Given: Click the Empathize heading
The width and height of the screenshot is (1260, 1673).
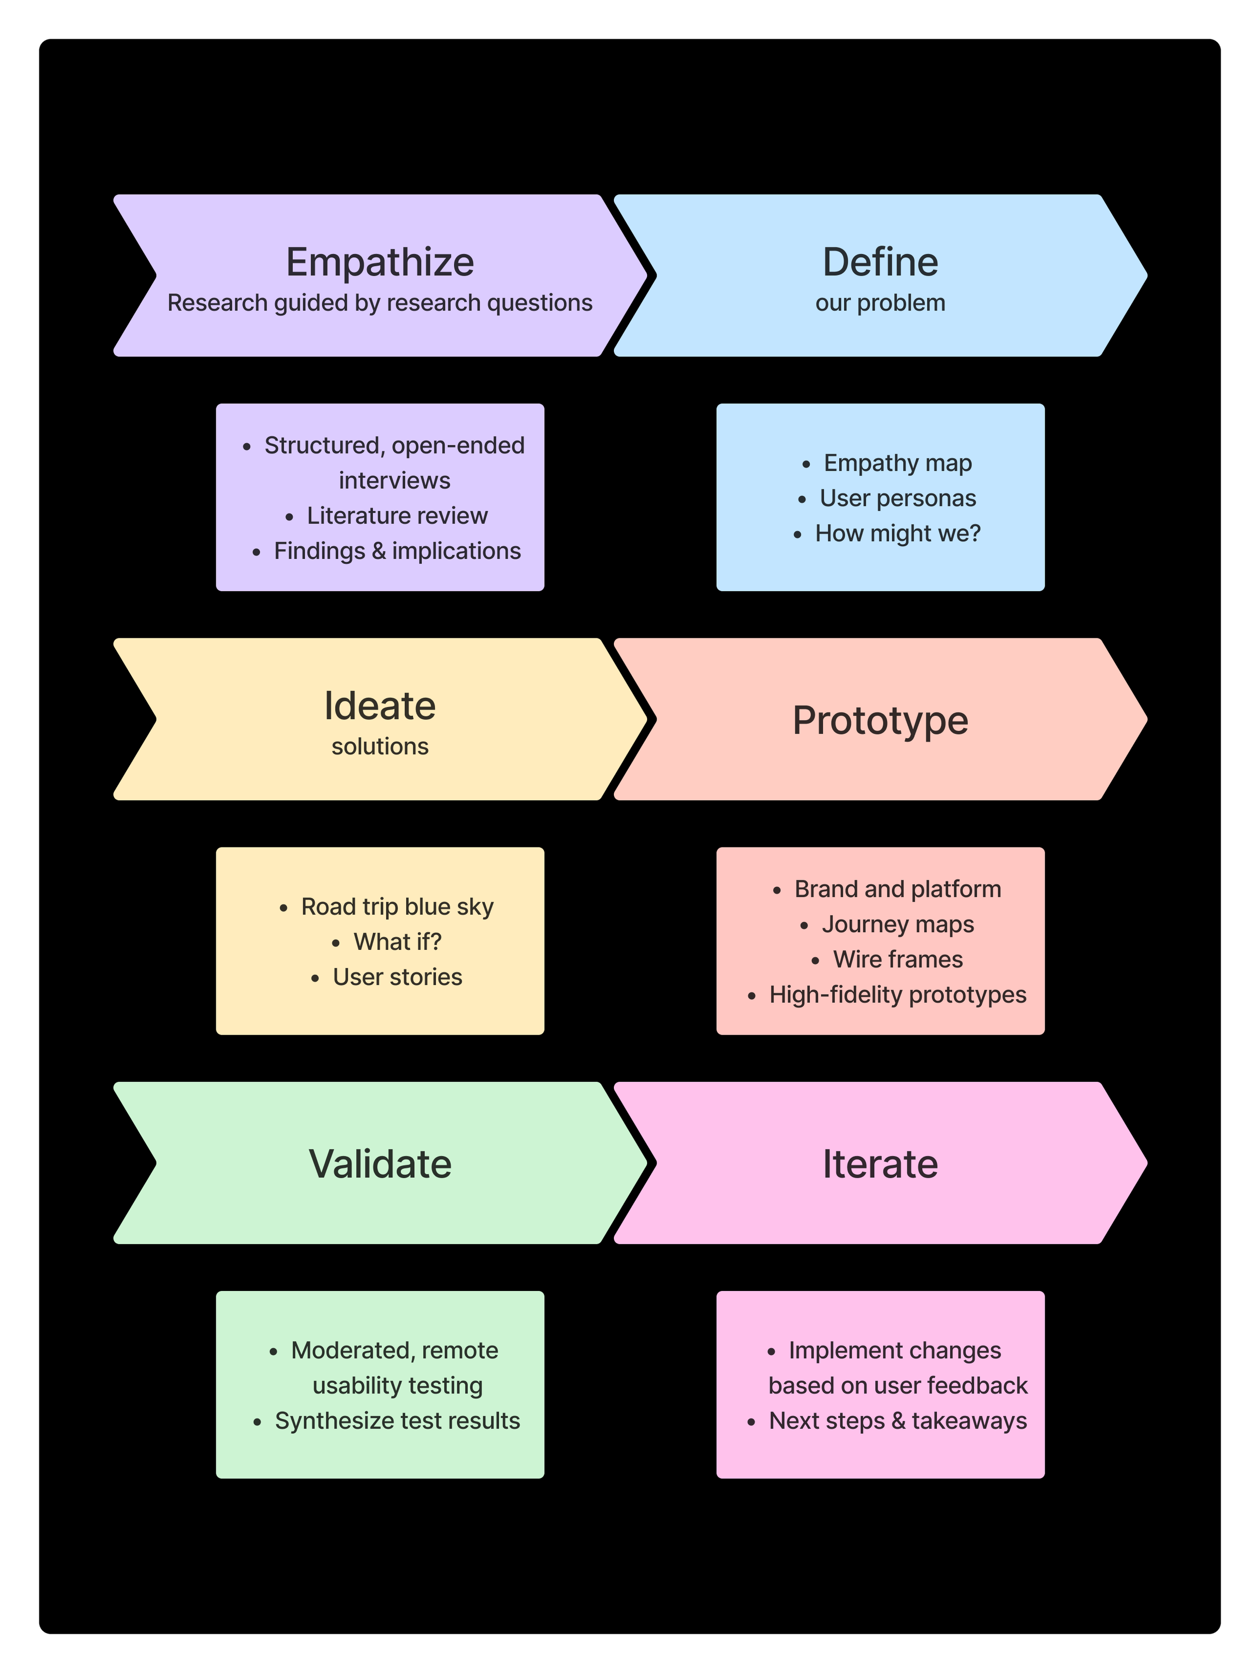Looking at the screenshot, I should [x=380, y=263].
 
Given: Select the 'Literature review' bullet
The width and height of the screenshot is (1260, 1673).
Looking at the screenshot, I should [x=397, y=516].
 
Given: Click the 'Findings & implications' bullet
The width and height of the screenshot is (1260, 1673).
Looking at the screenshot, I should [x=397, y=551].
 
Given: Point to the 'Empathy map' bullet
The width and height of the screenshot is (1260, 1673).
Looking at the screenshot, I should [x=897, y=463].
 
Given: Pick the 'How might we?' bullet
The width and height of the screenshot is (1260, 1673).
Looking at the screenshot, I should [x=897, y=533].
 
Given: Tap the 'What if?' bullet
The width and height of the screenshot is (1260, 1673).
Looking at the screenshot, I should [x=397, y=942].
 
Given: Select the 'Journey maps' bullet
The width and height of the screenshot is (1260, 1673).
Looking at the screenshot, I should [x=897, y=924].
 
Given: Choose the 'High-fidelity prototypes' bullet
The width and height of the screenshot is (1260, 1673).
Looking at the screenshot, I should [x=897, y=995].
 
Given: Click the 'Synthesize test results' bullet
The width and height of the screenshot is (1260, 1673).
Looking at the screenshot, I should [x=397, y=1421].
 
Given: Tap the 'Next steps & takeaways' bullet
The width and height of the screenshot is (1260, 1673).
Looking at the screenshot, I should [x=897, y=1421].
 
